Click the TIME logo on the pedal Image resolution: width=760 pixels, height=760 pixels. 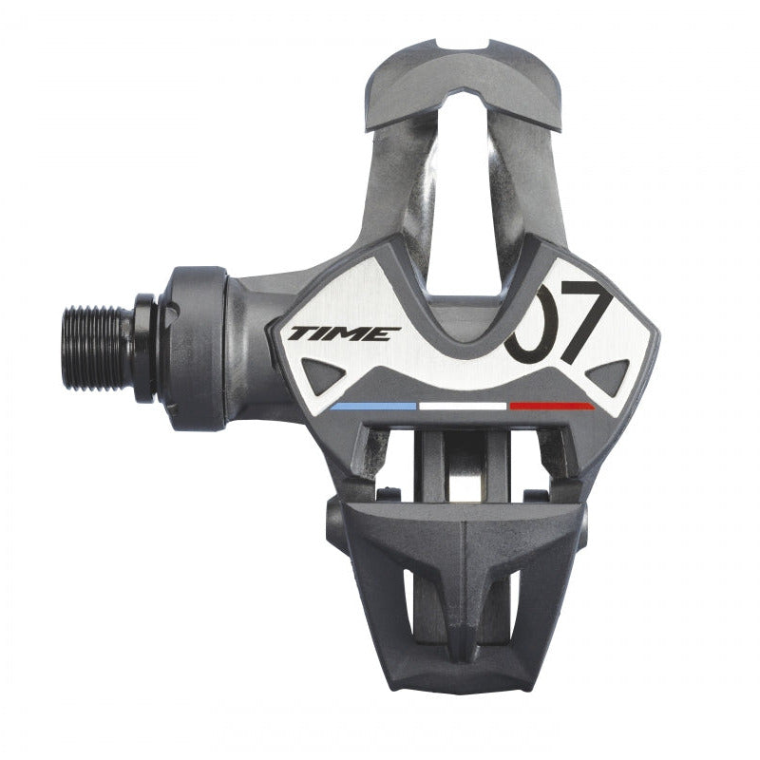pos(344,334)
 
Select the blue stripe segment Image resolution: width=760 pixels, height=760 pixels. pos(373,406)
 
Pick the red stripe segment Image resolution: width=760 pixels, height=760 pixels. pos(553,406)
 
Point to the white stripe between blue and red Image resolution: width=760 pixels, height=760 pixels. pos(463,406)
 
